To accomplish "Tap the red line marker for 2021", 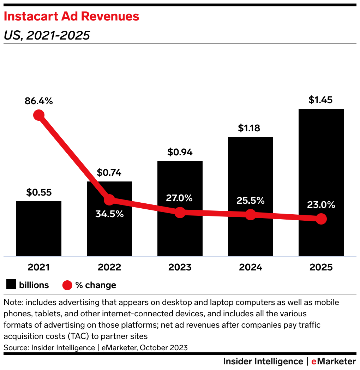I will tap(38, 115).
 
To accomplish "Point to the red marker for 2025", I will tap(321, 219).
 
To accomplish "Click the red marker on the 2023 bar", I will tap(180, 213).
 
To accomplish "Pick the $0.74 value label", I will tap(109, 173).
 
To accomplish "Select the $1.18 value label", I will tap(249, 128).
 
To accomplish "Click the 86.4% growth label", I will tap(39, 101).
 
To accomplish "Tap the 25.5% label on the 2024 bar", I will tap(251, 201).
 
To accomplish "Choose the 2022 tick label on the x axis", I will tap(109, 267).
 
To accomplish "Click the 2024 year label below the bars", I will tap(251, 267).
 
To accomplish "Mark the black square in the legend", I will tap(11, 285).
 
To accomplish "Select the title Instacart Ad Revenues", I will tap(71, 16).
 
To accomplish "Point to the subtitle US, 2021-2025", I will tap(47, 35).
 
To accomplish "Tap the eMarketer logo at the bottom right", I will tap(334, 362).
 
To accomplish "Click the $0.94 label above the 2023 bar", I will tap(180, 152).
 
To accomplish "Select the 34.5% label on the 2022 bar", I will tap(109, 214).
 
